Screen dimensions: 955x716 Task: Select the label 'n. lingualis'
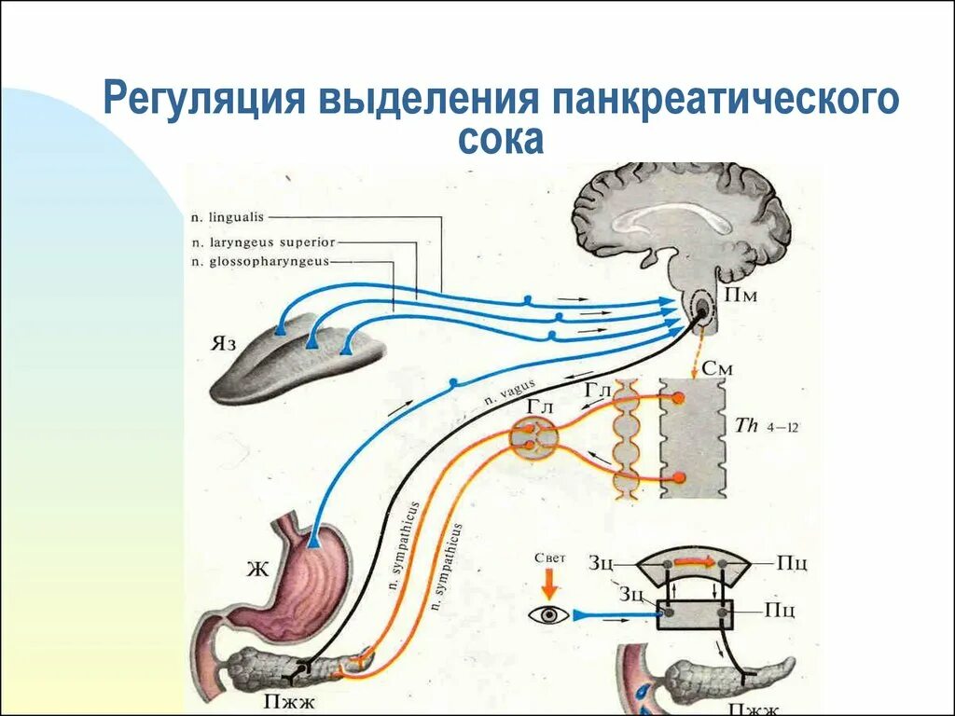tap(228, 216)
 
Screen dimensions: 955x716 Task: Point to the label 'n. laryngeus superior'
tap(262, 241)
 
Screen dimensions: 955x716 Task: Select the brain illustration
tap(681, 224)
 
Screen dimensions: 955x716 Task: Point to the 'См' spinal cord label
tap(717, 367)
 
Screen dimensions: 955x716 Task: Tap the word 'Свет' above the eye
tap(550, 558)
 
